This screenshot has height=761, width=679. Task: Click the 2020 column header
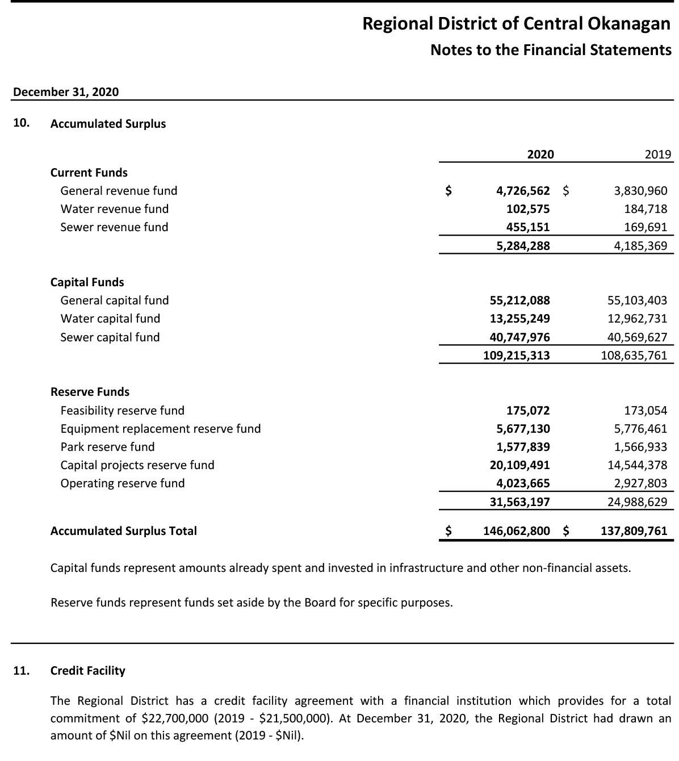pyautogui.click(x=540, y=154)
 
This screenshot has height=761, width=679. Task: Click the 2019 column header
pyautogui.click(x=657, y=154)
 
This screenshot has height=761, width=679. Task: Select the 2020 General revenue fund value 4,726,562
pyautogui.click(x=522, y=191)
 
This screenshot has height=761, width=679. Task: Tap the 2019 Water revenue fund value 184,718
pyautogui.click(x=646, y=209)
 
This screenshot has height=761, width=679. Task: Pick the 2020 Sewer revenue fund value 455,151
pyautogui.click(x=527, y=227)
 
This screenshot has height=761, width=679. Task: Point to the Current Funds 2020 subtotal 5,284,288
pyautogui.click(x=522, y=246)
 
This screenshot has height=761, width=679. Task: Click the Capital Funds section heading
pyautogui.click(x=87, y=282)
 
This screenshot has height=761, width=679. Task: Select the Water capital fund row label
pyautogui.click(x=110, y=319)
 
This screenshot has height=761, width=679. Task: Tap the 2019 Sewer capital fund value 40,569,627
pyautogui.click(x=637, y=337)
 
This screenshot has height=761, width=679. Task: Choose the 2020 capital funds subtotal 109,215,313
pyautogui.click(x=516, y=356)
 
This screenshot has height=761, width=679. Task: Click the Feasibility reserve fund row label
pyautogui.click(x=122, y=411)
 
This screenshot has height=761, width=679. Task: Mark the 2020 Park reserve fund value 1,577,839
pyautogui.click(x=522, y=447)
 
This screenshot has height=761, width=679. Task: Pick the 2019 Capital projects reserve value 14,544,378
pyautogui.click(x=637, y=465)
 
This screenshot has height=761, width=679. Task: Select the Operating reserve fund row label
pyautogui.click(x=122, y=483)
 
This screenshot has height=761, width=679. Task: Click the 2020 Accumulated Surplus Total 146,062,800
pyautogui.click(x=516, y=531)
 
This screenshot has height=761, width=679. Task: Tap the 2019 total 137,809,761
pyautogui.click(x=634, y=531)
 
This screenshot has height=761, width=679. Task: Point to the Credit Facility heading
pyautogui.click(x=87, y=671)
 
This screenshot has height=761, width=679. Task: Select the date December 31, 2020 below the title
pyautogui.click(x=66, y=92)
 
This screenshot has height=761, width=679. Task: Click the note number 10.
pyautogui.click(x=21, y=123)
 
